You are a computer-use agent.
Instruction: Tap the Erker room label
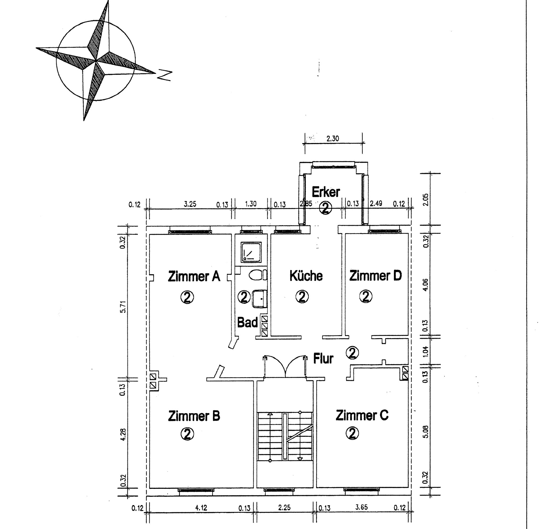pyautogui.click(x=326, y=192)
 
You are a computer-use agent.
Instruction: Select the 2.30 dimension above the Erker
pyautogui.click(x=333, y=138)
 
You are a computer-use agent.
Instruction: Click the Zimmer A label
pyautogui.click(x=194, y=276)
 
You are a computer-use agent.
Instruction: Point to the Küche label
pyautogui.click(x=306, y=276)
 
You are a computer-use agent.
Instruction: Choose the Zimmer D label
pyautogui.click(x=375, y=276)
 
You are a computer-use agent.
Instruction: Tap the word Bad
pyautogui.click(x=247, y=322)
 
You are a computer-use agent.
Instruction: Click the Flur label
pyautogui.click(x=323, y=358)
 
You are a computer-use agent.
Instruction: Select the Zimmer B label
pyautogui.click(x=194, y=416)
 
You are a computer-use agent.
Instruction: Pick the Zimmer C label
pyautogui.click(x=362, y=415)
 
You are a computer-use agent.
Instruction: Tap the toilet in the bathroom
pyautogui.click(x=258, y=275)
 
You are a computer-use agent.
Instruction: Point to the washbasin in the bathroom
pyautogui.click(x=259, y=299)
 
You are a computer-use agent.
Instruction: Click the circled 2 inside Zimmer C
pyautogui.click(x=352, y=433)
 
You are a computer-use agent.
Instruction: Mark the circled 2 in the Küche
pyautogui.click(x=302, y=297)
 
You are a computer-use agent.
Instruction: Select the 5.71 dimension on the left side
pyautogui.click(x=123, y=307)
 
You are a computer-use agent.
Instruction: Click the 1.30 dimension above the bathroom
pyautogui.click(x=250, y=204)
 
